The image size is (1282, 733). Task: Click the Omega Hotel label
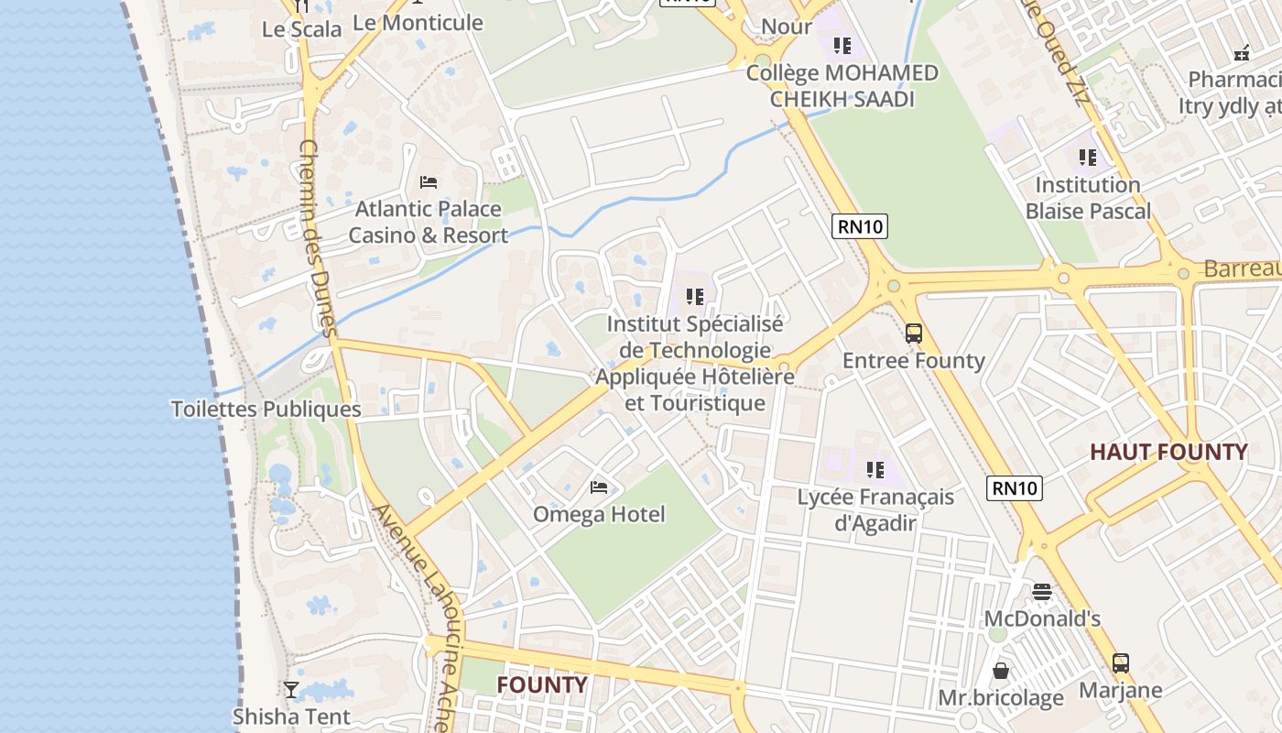[x=599, y=514]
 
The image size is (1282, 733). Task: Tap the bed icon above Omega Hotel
[x=599, y=487]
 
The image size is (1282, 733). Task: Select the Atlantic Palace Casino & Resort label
[x=428, y=222]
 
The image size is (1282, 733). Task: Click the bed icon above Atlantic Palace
[x=428, y=182]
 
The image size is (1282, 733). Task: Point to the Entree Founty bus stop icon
[x=913, y=334]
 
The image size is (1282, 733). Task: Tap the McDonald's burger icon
[x=1041, y=592]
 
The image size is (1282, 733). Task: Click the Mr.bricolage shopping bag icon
[x=1001, y=671]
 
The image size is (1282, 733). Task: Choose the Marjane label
[x=1120, y=690]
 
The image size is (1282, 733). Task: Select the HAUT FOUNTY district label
[x=1168, y=452]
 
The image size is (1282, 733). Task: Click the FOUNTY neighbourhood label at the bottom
[x=541, y=685]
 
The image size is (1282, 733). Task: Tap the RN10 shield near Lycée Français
[x=1015, y=488]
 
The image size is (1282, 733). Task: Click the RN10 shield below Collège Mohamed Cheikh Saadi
[x=860, y=226]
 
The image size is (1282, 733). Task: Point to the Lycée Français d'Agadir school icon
[x=875, y=470]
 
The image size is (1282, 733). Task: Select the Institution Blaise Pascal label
[x=1088, y=198]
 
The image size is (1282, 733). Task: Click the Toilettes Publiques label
[x=266, y=410]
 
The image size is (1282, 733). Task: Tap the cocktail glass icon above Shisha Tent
[x=291, y=689]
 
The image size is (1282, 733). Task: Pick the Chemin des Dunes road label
[x=319, y=238]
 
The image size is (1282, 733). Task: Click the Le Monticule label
[x=418, y=23]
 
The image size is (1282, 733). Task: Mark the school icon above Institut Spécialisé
[x=695, y=297]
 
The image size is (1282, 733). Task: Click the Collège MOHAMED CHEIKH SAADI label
[x=842, y=85]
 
